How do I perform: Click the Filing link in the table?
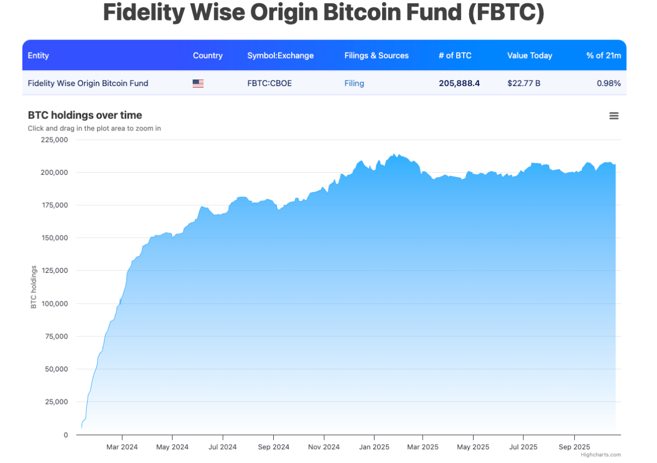354,83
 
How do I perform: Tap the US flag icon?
198,83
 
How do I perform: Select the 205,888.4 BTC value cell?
459,83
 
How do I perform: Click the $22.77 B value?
524,83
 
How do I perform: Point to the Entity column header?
38,55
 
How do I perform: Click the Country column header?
208,55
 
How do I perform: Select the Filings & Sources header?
377,55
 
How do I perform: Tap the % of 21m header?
603,55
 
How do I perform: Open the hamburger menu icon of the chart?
614,116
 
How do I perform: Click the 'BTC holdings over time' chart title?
85,115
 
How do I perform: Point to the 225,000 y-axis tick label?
55,140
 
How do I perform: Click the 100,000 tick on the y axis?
55,304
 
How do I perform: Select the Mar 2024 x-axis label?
122,447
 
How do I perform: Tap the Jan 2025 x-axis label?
374,447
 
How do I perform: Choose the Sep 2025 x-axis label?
574,447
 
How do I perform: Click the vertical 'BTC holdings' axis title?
33,287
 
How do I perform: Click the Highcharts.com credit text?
601,455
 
